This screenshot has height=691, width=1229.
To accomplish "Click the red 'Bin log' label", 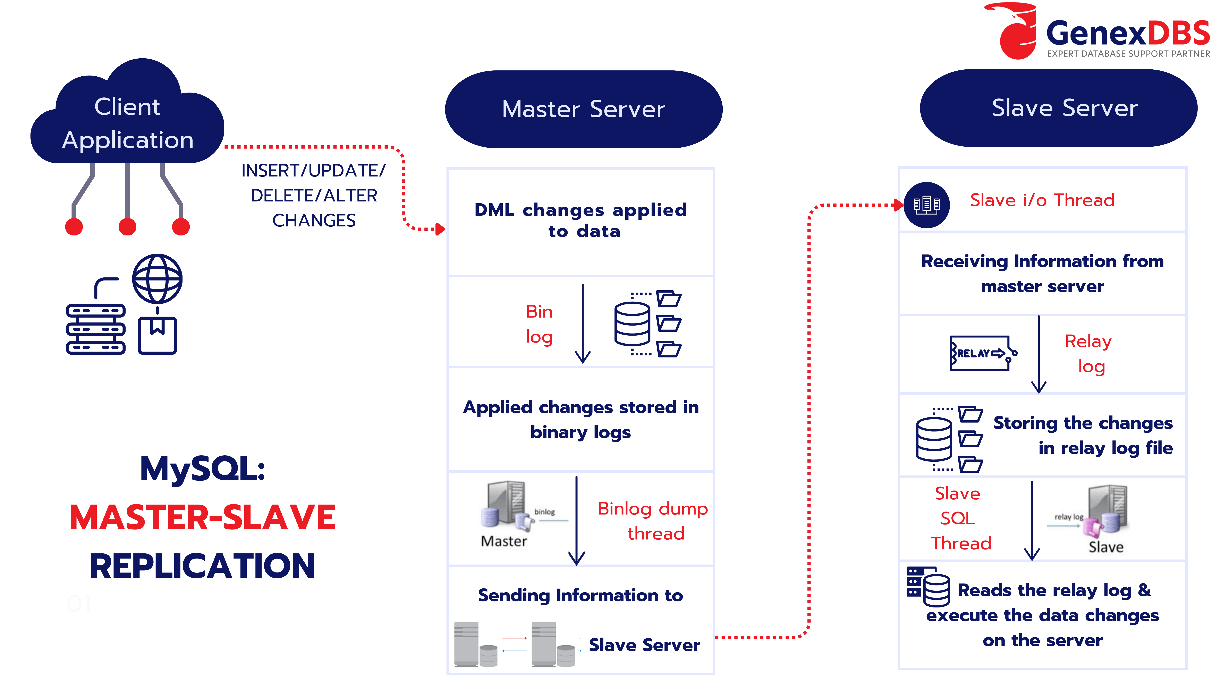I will pos(539,324).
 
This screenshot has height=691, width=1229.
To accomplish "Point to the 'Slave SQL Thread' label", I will pos(959,518).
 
